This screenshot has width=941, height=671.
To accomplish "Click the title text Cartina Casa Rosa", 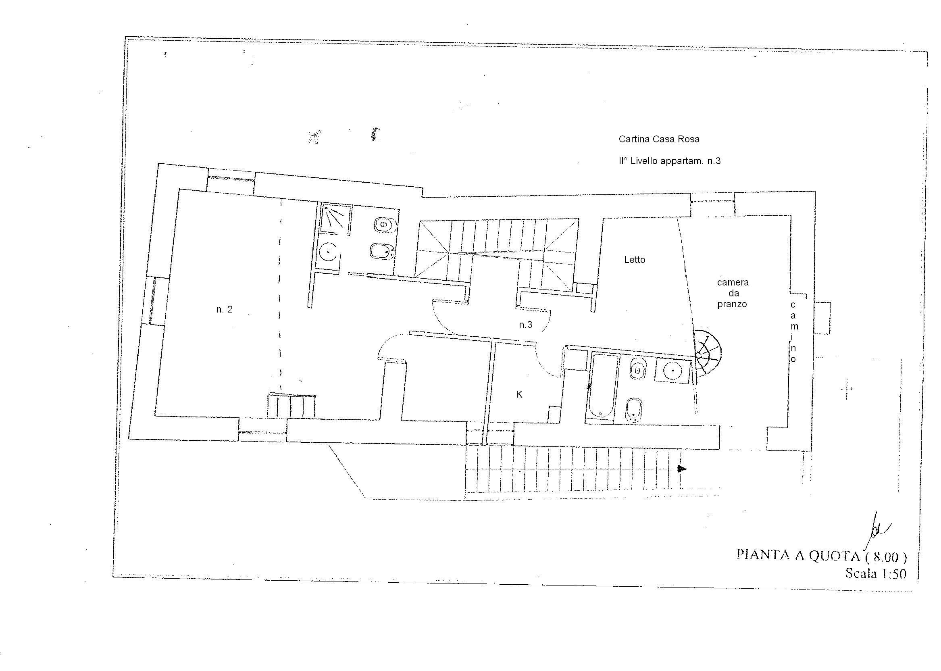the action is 659,139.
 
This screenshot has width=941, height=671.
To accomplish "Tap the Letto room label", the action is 635,260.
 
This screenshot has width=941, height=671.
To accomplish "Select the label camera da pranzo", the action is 733,293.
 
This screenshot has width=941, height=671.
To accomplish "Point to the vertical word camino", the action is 793,332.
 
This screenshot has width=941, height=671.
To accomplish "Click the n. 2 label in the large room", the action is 224,309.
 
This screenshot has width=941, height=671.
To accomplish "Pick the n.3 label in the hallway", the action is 525,325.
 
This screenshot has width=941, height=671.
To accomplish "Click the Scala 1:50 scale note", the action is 876,573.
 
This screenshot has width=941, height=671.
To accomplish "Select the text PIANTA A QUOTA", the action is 798,555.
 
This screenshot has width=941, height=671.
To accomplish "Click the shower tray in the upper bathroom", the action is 335,219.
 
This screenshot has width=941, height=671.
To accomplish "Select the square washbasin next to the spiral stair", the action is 672,371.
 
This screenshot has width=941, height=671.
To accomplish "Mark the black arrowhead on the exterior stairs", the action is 682,469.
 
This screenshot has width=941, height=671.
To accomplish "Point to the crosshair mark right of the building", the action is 847,389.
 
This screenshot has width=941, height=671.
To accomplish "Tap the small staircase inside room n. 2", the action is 291,405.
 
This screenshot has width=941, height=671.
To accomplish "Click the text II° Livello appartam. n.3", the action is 669,161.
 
